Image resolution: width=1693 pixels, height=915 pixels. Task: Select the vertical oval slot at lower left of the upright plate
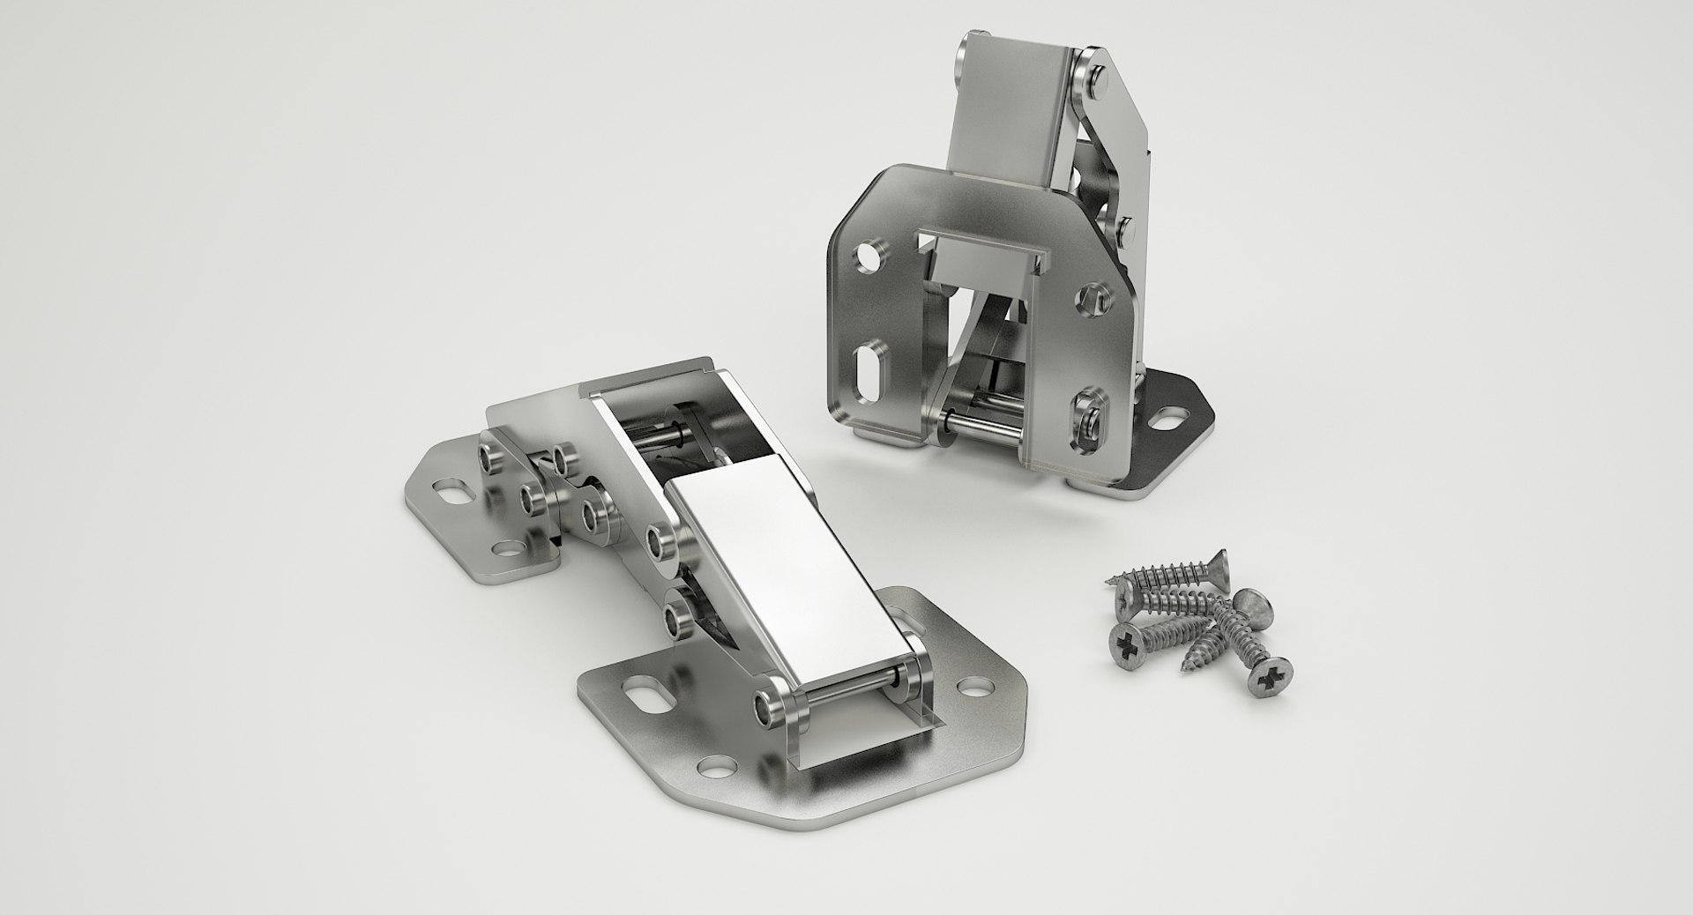pos(866,368)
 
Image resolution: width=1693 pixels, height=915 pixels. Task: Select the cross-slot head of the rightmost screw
pos(1275,677)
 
